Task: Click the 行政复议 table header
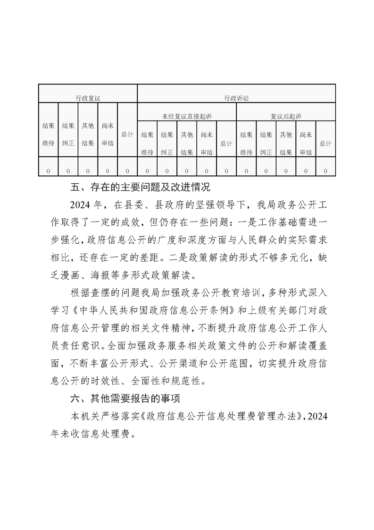tap(88, 98)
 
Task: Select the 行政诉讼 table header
tap(236, 98)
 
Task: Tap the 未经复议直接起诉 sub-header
tap(187, 116)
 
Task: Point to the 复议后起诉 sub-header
tap(286, 116)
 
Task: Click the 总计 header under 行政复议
tap(127, 134)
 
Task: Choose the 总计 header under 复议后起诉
tap(325, 143)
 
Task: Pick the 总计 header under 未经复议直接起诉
tap(226, 143)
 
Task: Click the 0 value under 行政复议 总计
tap(127, 171)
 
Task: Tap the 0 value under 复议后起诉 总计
tap(325, 171)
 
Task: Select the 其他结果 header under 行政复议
tap(88, 134)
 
